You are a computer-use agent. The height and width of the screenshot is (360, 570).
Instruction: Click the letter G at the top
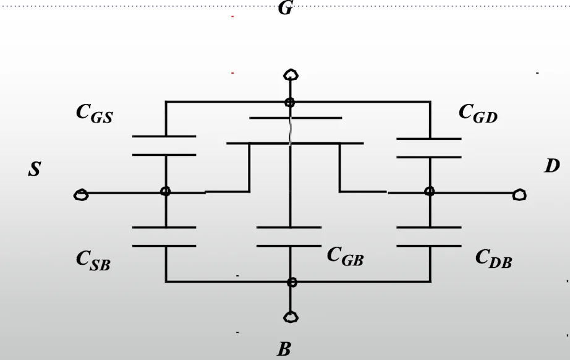[285, 7]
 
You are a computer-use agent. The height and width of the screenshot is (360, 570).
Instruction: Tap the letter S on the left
[35, 169]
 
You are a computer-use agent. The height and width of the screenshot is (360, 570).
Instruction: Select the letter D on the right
[552, 166]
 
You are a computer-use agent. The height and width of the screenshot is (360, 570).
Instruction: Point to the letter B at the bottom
[284, 349]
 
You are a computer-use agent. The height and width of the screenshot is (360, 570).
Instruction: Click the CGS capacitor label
[95, 114]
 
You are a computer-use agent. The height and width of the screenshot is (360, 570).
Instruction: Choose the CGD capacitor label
[478, 113]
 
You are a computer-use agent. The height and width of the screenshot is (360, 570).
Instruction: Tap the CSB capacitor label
[93, 261]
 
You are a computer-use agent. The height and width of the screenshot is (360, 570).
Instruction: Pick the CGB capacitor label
[345, 256]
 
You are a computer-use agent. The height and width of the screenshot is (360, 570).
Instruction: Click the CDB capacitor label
[494, 259]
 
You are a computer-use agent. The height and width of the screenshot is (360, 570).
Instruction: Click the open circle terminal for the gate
[291, 75]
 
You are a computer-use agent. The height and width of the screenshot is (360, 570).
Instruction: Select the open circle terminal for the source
[81, 195]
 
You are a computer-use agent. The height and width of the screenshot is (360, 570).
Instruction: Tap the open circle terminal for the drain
[519, 195]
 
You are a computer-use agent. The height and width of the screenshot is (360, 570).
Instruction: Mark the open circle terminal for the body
[291, 317]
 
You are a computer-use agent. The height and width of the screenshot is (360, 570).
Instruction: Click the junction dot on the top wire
[290, 103]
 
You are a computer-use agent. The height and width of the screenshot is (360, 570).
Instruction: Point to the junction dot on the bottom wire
[292, 282]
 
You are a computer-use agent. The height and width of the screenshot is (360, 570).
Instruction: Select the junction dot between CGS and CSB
[166, 191]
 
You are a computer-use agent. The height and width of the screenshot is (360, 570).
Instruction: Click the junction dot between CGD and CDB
[430, 191]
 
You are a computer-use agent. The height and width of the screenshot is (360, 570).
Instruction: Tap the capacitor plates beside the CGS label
[164, 146]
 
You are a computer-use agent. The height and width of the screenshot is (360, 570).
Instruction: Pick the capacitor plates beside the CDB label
[429, 237]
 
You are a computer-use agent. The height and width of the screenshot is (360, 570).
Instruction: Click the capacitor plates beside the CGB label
[289, 237]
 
